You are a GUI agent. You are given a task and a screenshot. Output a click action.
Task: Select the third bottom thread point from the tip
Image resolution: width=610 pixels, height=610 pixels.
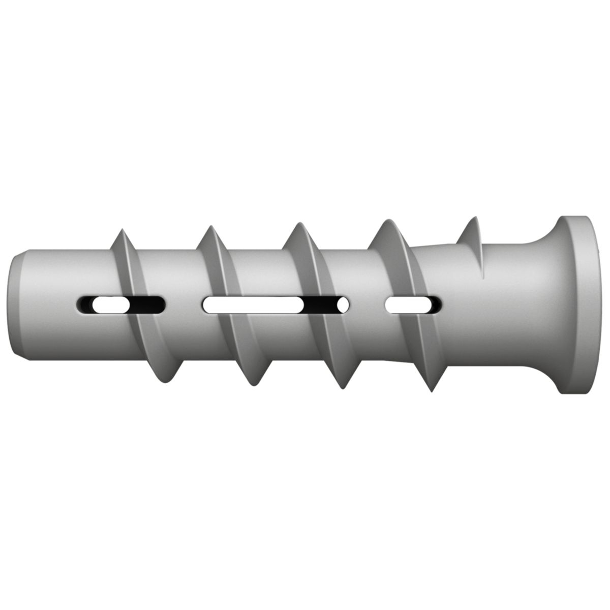click(x=341, y=387)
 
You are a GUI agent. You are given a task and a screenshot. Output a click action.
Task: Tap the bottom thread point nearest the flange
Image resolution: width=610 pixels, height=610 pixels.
click(x=431, y=389)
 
